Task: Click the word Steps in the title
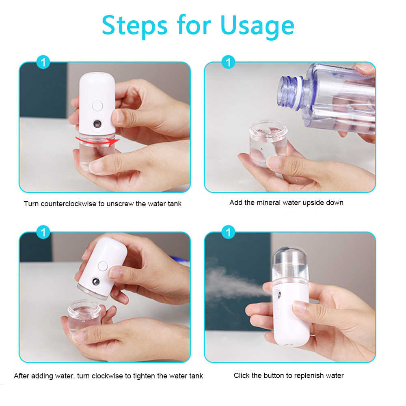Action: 134,25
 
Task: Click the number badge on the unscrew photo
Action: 43,62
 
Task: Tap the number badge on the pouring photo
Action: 229,62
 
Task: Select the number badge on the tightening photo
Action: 43,233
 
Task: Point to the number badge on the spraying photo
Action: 229,233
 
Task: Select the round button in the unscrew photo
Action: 97,106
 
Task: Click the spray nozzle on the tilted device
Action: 95,281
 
